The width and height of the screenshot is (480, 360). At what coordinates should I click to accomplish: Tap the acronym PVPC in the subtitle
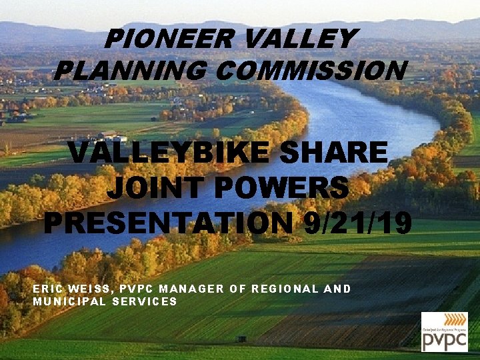pos(139,289)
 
